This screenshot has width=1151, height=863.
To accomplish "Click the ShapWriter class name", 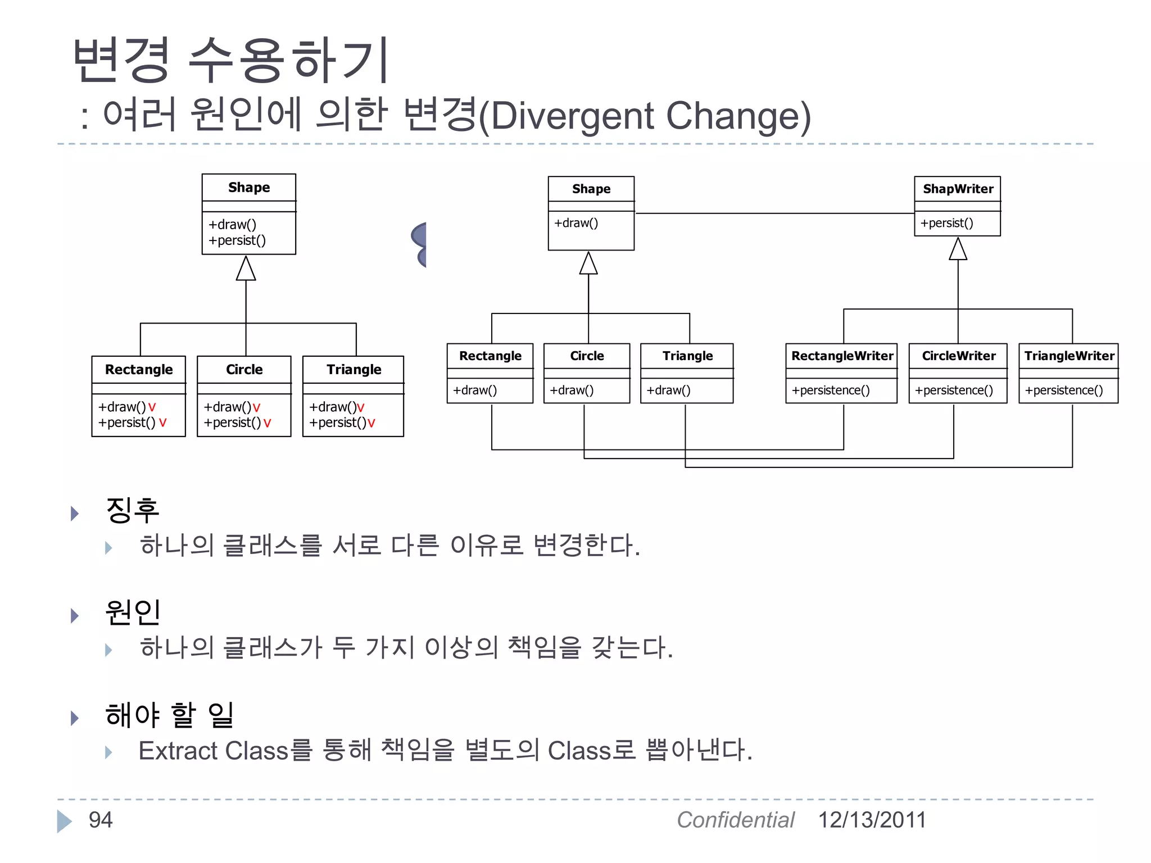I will coord(958,189).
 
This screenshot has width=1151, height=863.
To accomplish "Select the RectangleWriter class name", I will coord(842,356).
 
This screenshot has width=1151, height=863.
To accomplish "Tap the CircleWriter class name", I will coord(958,356).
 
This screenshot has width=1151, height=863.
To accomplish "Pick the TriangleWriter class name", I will coord(1069,356).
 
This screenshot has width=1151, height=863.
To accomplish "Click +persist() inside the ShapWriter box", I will coord(946,223).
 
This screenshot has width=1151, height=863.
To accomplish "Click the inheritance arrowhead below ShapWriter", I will coord(958,249).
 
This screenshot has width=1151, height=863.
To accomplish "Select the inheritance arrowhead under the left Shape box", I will coord(246,269).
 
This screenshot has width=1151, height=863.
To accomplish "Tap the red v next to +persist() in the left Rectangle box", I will coord(162,423).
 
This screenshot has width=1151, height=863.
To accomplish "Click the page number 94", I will coord(101,820).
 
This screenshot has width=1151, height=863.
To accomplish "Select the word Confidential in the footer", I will coord(735,820).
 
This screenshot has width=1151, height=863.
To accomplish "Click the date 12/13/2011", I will coord(872,820).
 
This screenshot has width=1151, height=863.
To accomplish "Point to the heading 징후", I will coord(133,510).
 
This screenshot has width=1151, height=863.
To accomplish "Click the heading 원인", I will coord(133,612).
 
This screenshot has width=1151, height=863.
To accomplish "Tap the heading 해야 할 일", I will coord(169,715).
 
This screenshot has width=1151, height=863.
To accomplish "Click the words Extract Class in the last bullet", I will coord(213,751).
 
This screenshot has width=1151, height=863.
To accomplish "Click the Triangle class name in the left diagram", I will coord(354,370).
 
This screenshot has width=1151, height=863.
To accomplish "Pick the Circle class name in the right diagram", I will coord(587,356).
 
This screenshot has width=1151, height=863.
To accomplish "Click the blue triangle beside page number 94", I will coord(64,821).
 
